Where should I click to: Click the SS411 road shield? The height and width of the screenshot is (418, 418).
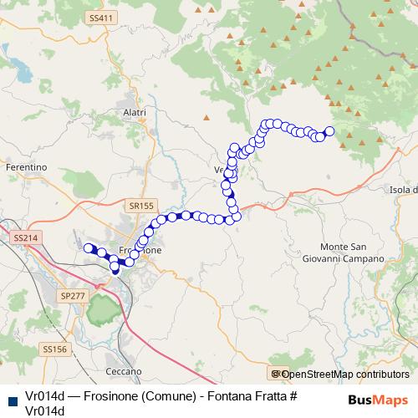pyautogui.click(x=100, y=18)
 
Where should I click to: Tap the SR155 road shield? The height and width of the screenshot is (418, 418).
pyautogui.click(x=143, y=205)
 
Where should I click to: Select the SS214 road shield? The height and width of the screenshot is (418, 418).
pyautogui.click(x=26, y=238)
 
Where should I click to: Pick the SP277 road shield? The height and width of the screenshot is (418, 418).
pyautogui.click(x=73, y=296)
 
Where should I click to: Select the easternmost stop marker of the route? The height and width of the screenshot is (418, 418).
pyautogui.click(x=329, y=130)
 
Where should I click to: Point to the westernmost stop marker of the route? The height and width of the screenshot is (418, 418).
pyautogui.click(x=87, y=247)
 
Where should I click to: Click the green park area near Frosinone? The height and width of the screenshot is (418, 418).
pyautogui.click(x=102, y=311)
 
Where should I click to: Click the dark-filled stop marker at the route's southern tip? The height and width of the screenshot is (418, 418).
pyautogui.click(x=115, y=270)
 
